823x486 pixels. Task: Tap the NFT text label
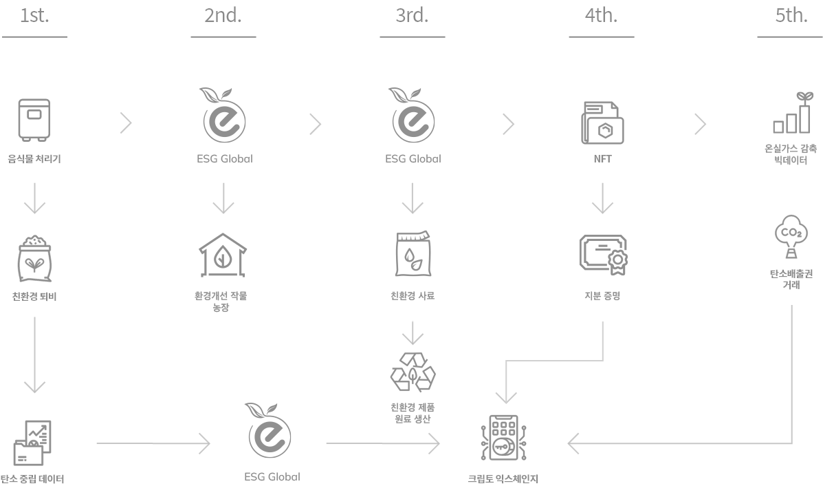pos(602,159)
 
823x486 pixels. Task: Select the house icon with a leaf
pos(223,255)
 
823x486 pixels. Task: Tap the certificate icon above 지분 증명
pos(603,254)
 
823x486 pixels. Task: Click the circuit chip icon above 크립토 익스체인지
pos(507,441)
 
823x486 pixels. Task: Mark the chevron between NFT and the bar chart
pos(700,124)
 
